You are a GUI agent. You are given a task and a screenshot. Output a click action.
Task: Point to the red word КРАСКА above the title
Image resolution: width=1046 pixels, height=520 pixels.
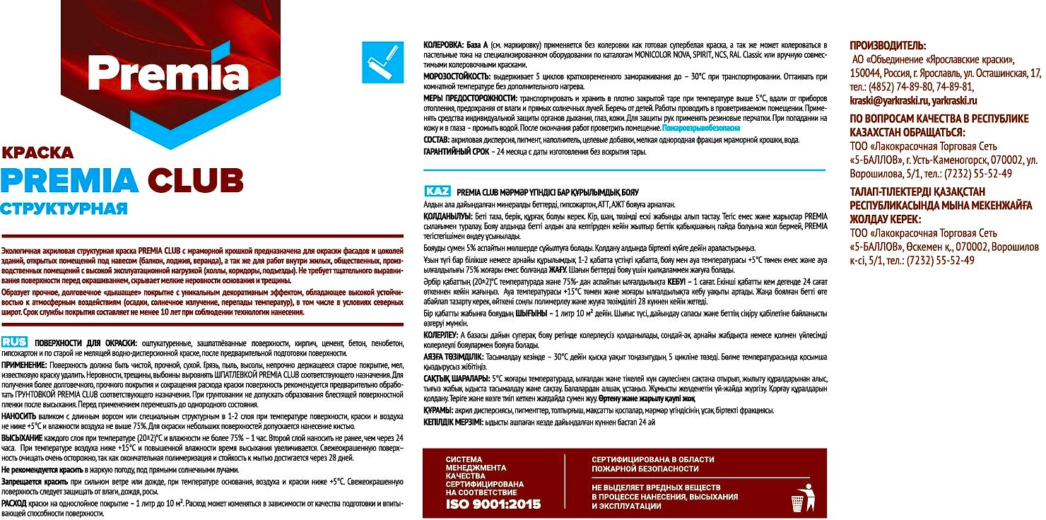37,152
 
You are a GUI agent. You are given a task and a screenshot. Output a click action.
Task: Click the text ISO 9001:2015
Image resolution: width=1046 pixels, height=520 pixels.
493,504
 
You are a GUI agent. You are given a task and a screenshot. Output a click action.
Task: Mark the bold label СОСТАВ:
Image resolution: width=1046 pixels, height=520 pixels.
438,141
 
